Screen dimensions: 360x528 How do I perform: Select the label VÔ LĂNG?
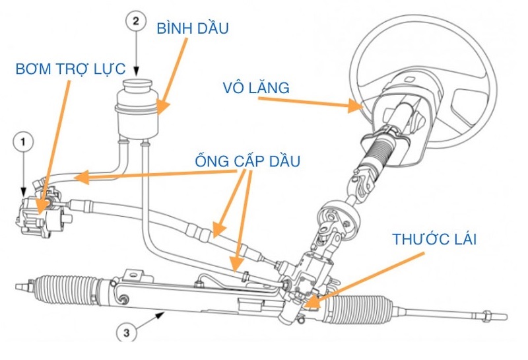click(x=256, y=87)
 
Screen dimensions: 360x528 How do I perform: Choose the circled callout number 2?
click(x=135, y=20)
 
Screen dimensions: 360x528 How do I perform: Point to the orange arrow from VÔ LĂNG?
click(x=310, y=102)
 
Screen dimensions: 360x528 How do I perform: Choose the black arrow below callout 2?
click(x=135, y=53)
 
